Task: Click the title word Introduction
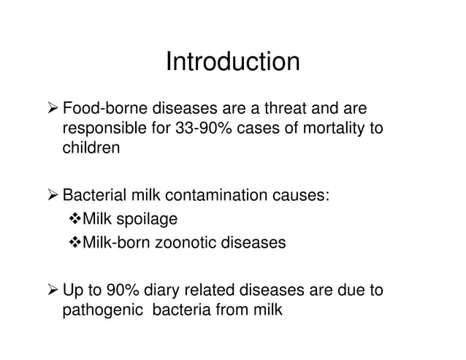click(x=232, y=62)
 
